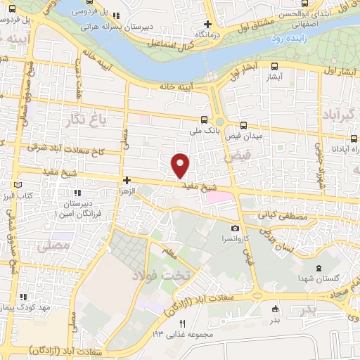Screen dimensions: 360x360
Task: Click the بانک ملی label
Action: coord(204,130)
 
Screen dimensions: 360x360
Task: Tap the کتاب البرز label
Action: coord(16,194)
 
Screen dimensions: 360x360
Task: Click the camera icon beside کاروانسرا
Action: coord(235,228)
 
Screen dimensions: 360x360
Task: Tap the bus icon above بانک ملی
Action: coord(204,119)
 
